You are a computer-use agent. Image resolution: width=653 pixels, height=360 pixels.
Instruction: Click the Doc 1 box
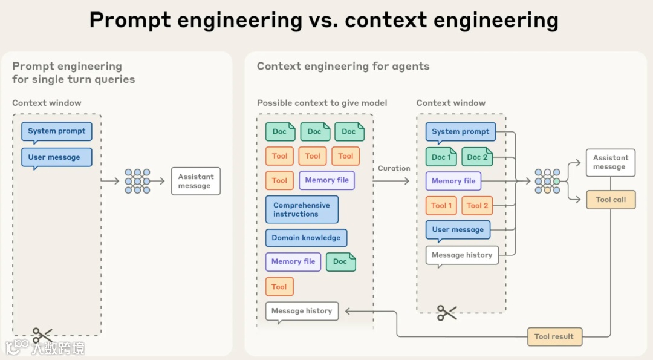[x=441, y=157]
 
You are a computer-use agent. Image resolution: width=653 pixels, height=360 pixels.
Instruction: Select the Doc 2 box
[x=477, y=157]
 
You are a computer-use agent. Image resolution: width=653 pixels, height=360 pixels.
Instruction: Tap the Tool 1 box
[x=441, y=205]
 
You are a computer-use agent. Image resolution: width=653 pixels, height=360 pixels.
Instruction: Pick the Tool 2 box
[x=477, y=205]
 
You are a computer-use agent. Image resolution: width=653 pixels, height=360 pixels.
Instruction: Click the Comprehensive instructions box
[x=302, y=209]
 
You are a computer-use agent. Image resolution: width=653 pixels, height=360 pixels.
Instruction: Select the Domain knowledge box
[x=306, y=238]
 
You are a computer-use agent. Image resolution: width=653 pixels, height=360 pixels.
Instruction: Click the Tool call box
[x=611, y=200]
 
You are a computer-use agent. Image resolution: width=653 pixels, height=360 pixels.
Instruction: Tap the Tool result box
[x=554, y=336]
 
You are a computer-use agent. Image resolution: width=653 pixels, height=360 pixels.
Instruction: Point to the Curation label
[x=394, y=168]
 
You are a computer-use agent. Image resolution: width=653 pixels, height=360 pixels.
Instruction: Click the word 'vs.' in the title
[x=323, y=21]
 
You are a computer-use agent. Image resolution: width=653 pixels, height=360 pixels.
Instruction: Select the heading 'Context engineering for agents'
[x=343, y=67]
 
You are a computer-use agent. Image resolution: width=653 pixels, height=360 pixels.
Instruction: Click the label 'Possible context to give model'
[x=322, y=103]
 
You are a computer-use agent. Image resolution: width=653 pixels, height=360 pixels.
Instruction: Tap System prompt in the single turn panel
[x=57, y=131]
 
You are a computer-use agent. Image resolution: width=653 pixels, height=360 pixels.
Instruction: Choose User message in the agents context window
[x=458, y=230]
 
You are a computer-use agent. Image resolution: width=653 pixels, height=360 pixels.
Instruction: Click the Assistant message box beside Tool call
[x=611, y=162]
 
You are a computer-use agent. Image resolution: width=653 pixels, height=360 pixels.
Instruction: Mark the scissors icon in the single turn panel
[x=42, y=334]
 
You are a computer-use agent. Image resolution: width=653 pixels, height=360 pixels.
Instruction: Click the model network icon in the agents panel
[x=547, y=181]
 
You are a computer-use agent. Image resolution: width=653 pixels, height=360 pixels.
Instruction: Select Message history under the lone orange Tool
[x=302, y=311]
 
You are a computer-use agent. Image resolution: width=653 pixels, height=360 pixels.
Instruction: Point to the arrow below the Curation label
[x=394, y=181]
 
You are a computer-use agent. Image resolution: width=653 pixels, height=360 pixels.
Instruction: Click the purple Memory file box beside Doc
[x=293, y=261]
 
